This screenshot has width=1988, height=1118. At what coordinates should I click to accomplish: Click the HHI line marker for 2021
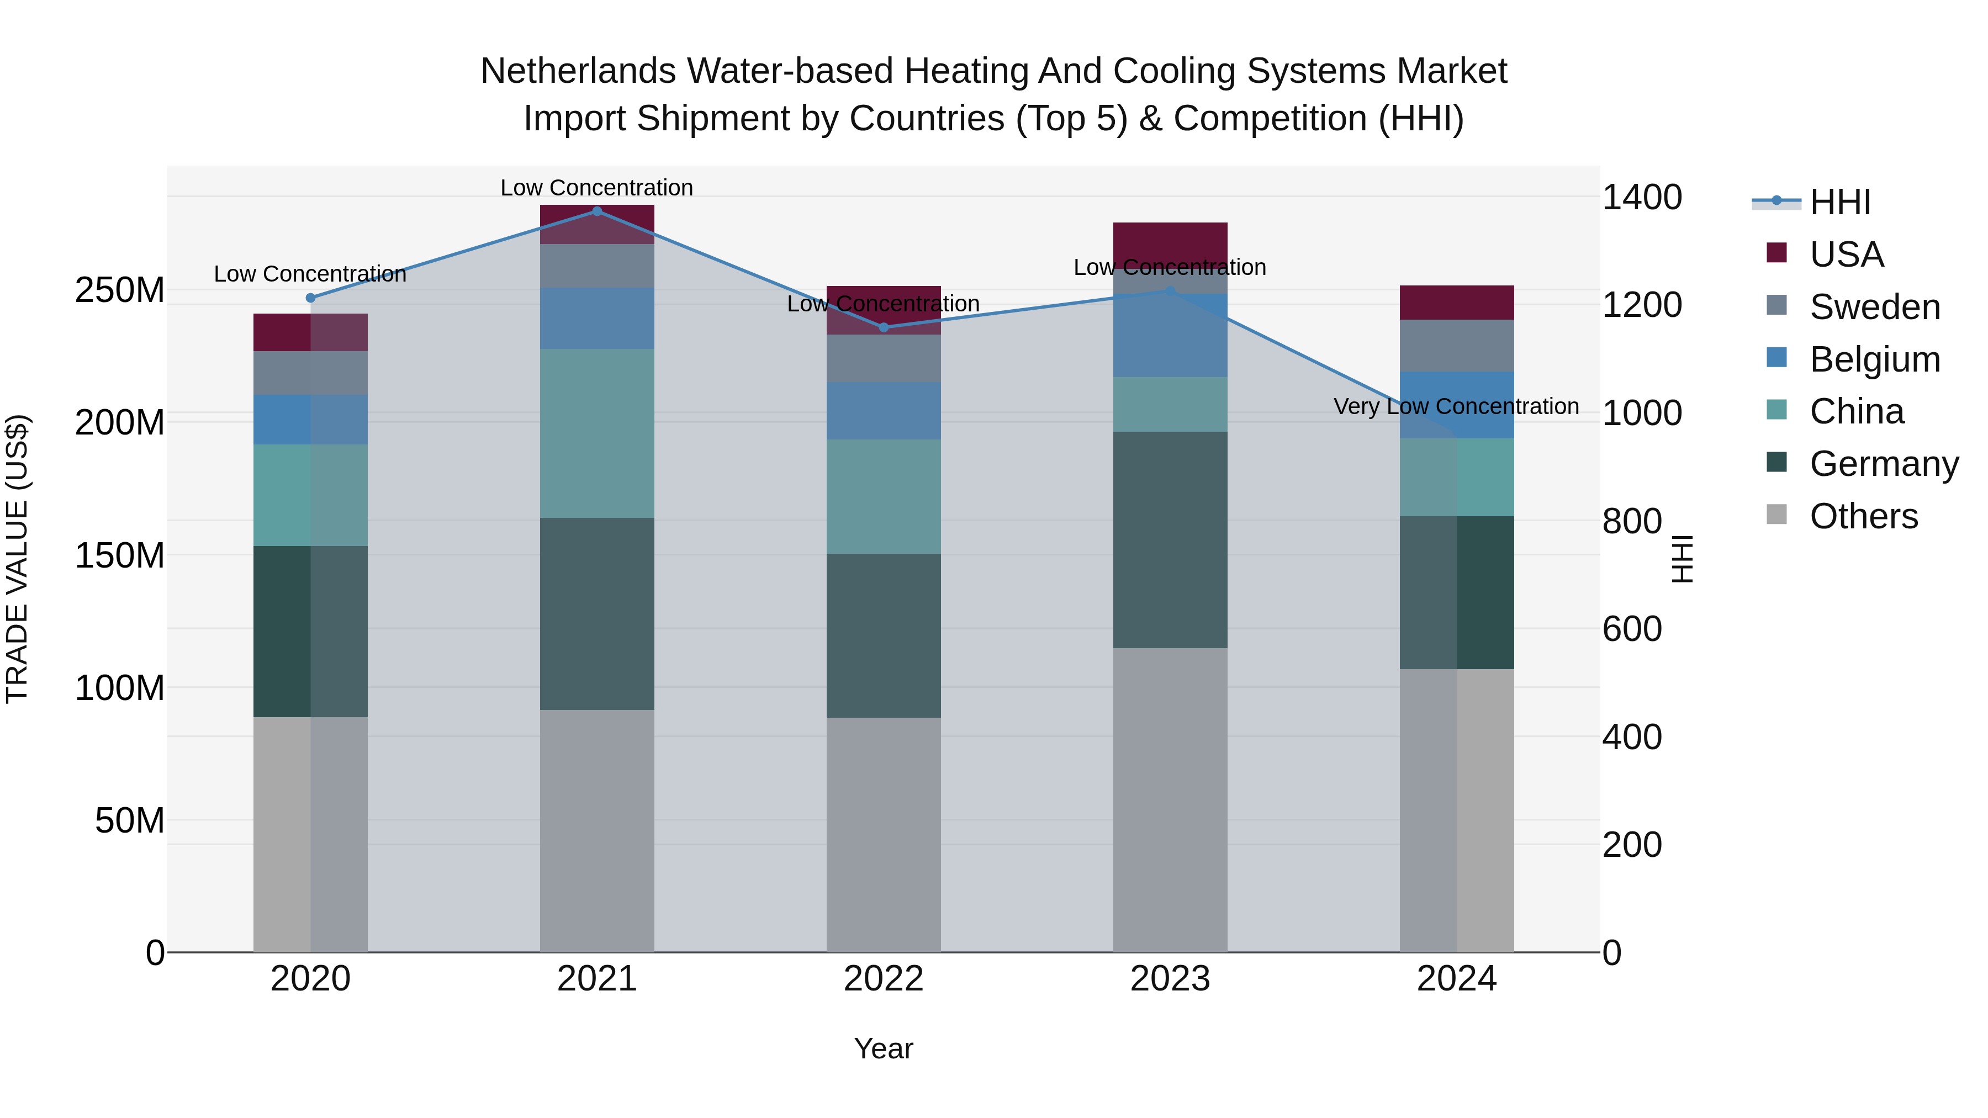click(596, 211)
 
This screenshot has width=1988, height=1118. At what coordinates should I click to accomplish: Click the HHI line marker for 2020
click(310, 298)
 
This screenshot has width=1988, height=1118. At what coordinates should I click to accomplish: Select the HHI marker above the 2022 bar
click(884, 328)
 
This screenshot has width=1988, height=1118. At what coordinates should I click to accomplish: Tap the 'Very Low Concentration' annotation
click(1456, 406)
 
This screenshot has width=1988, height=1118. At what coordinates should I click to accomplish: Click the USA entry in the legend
click(1846, 255)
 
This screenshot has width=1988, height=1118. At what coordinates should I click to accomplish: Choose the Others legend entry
click(1863, 516)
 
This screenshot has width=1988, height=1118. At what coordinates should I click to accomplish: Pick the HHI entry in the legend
click(1840, 202)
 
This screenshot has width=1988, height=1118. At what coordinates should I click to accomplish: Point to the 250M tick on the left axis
click(120, 291)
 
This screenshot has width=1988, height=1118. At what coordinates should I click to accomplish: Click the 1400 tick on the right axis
click(1642, 198)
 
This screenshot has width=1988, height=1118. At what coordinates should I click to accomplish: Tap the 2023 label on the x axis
click(1170, 979)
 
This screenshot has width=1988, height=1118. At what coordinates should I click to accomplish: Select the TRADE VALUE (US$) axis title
click(17, 559)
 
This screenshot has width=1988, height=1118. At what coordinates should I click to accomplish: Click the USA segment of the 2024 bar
click(1456, 303)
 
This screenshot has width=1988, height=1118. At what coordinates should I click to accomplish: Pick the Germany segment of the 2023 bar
click(1170, 539)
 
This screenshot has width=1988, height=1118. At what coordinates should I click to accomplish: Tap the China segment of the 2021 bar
click(596, 433)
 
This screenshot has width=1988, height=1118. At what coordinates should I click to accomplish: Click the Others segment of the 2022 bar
click(884, 834)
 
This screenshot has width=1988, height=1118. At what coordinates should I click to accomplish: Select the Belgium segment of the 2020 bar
click(310, 420)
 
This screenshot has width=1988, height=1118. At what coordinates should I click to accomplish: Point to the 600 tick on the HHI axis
click(1631, 629)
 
